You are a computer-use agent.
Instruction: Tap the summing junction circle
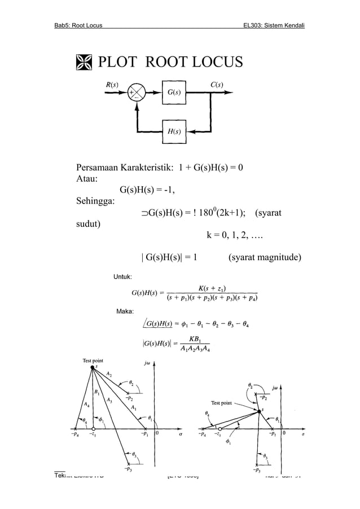[x=136, y=93]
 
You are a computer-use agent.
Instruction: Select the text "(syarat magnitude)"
[x=264, y=258]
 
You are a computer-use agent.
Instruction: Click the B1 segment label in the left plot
[x=98, y=392]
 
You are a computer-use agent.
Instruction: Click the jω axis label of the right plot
[x=275, y=389]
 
